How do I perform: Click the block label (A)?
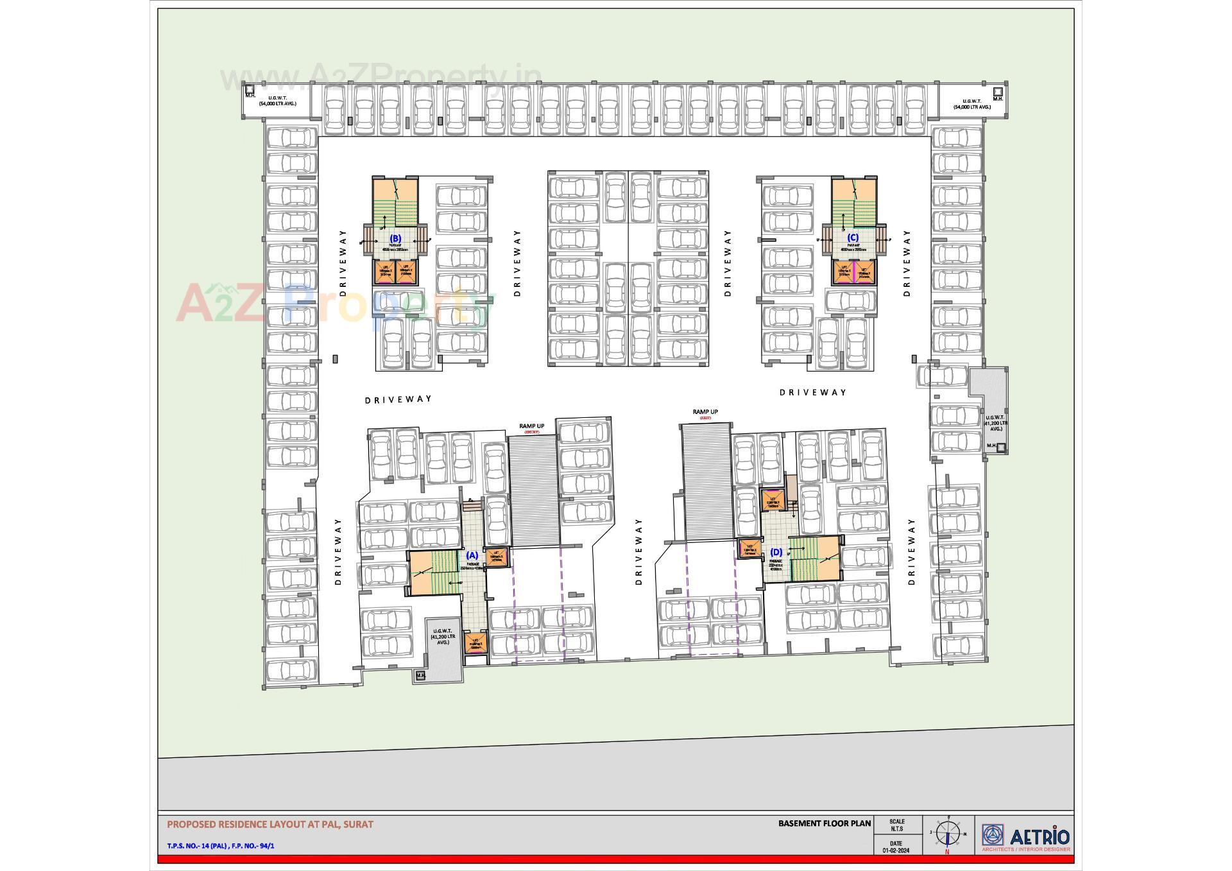point(472,555)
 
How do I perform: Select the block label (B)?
point(395,238)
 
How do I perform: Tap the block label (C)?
point(853,237)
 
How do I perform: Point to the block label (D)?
point(776,552)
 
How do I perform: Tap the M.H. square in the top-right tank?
point(998,92)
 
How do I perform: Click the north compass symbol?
point(947,834)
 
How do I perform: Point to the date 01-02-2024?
point(896,851)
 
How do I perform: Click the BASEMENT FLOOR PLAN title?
point(825,824)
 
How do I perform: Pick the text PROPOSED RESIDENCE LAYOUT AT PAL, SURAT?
point(270,824)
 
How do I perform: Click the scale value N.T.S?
point(896,829)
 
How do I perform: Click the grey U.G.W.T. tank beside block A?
point(443,642)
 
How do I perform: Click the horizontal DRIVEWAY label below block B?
point(398,399)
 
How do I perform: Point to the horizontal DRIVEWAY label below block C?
point(812,392)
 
